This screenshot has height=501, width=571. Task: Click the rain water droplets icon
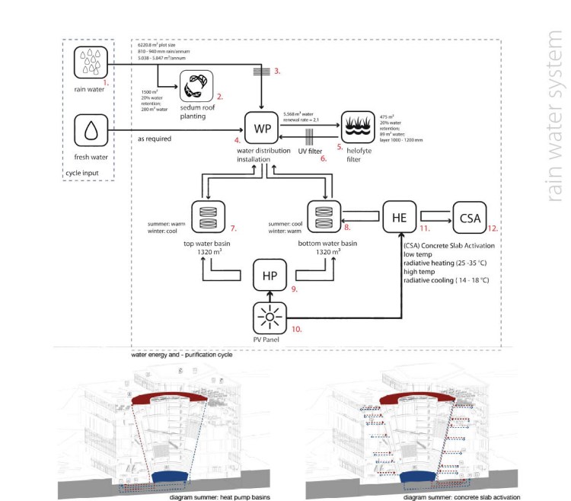[91, 62]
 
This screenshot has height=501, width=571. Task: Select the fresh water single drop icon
[91, 130]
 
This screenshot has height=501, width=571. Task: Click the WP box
[261, 127]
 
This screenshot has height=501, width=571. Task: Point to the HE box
[399, 216]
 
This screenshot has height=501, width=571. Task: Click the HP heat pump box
[270, 274]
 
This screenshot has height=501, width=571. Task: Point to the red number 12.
[494, 228]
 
